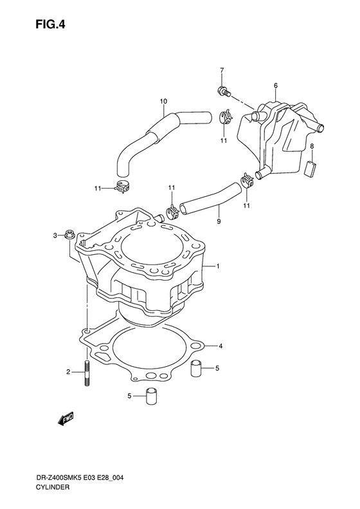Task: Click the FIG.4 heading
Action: [50, 24]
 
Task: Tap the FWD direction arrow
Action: [66, 418]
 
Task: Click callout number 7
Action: [222, 70]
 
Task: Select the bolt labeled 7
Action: [224, 91]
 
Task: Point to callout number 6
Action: [276, 86]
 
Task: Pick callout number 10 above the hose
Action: [163, 102]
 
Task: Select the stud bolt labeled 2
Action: [87, 373]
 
